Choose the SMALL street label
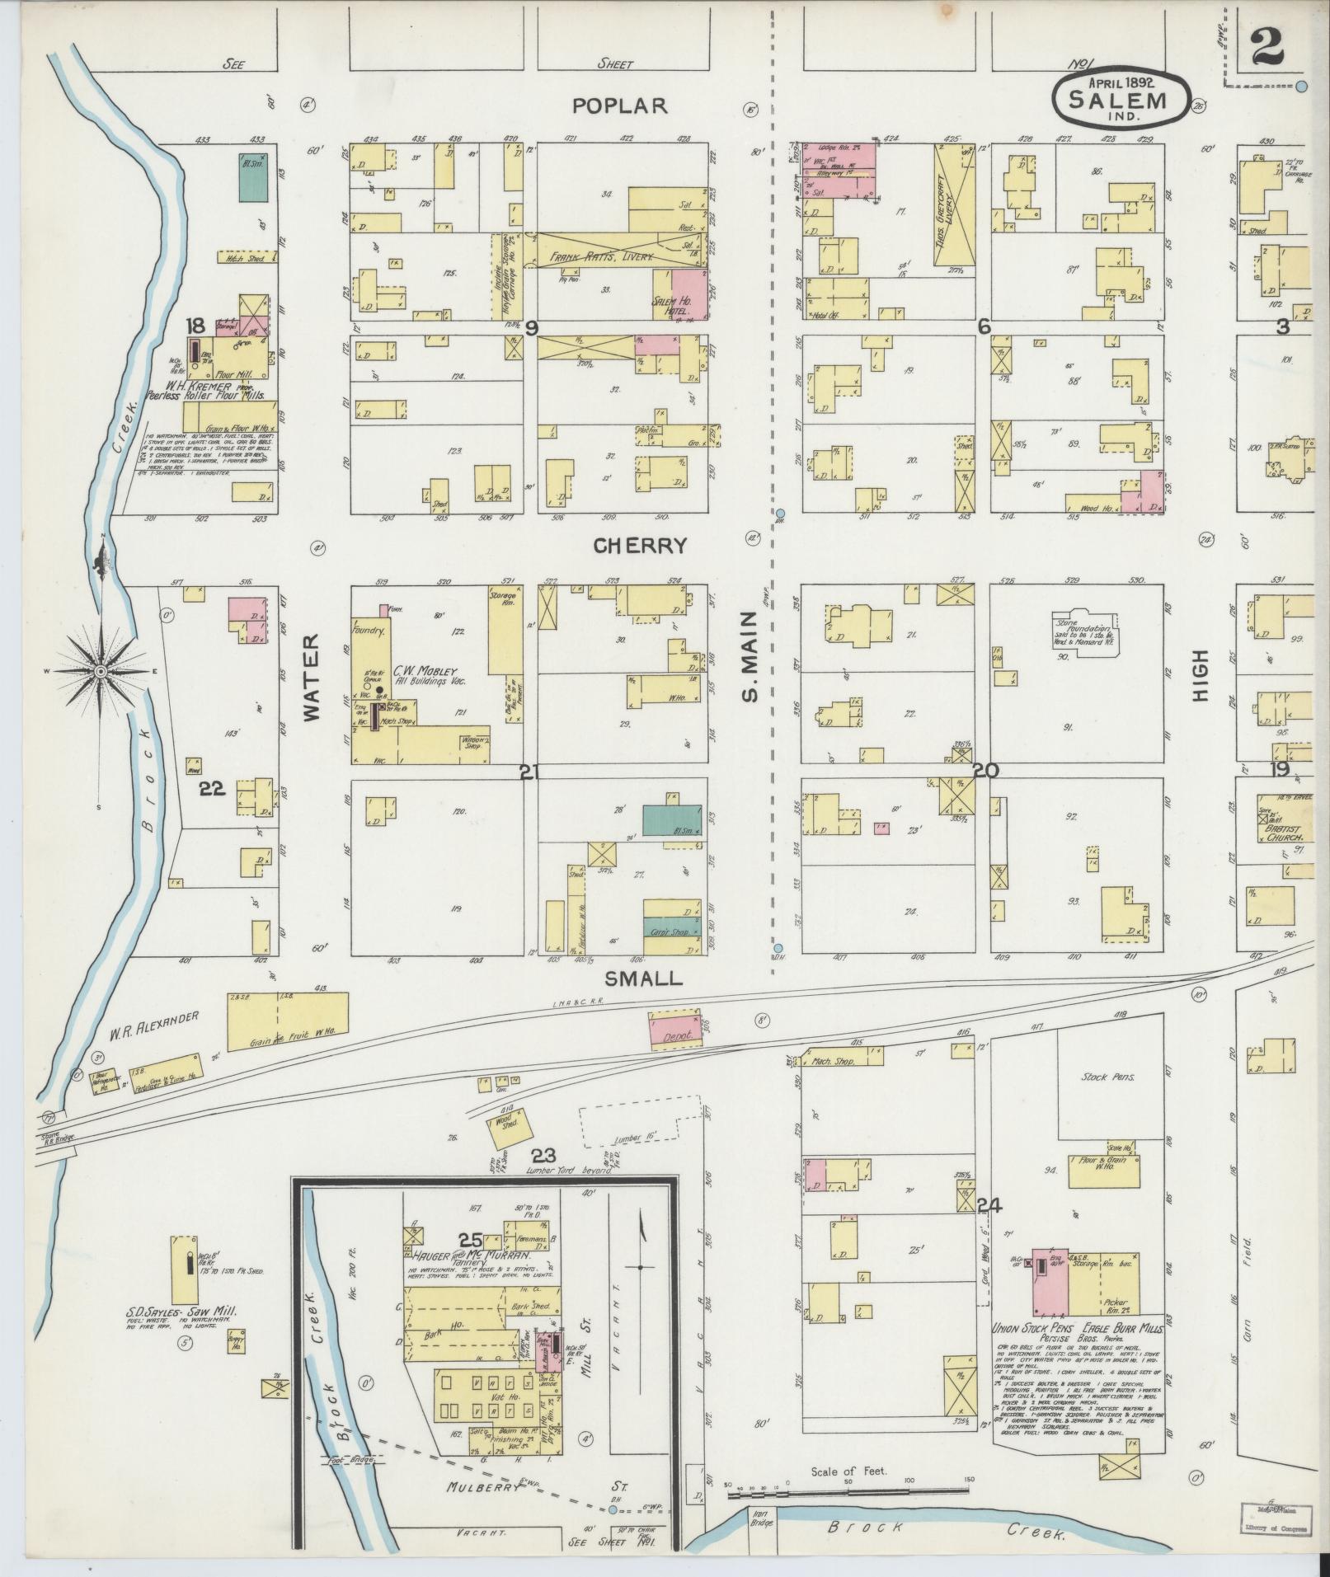pyautogui.click(x=644, y=978)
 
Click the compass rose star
pyautogui.click(x=101, y=672)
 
